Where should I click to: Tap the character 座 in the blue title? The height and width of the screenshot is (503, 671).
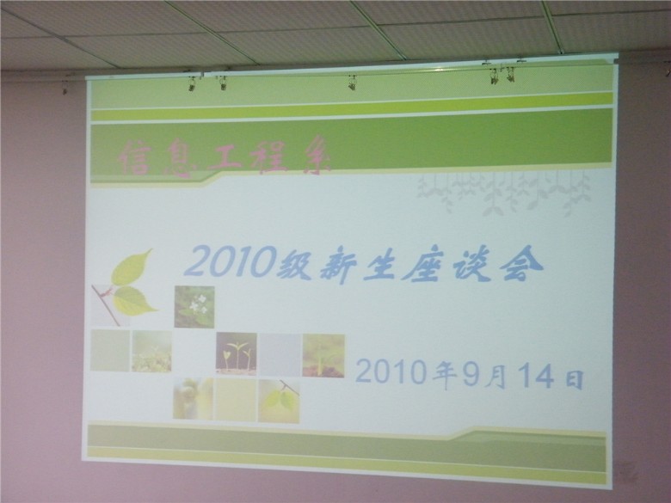pyautogui.click(x=421, y=265)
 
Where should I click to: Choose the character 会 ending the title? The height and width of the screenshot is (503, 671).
pyautogui.click(x=522, y=262)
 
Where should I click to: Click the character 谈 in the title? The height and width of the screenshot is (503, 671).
pyautogui.click(x=470, y=265)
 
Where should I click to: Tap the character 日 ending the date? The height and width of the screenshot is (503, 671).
pyautogui.click(x=575, y=379)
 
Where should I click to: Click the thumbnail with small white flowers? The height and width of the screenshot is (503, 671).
pyautogui.click(x=194, y=307)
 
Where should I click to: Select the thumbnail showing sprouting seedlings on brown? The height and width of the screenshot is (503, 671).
pyautogui.click(x=237, y=353)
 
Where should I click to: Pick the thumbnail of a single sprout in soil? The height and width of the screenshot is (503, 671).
pyautogui.click(x=323, y=356)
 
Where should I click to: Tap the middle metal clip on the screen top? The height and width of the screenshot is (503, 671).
pyautogui.click(x=352, y=83)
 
